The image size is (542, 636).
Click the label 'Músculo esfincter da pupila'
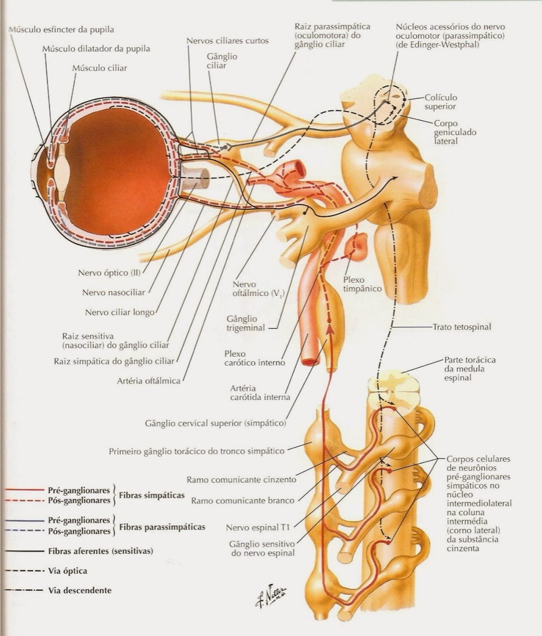click(61, 29)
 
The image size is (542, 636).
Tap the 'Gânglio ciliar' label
click(222, 61)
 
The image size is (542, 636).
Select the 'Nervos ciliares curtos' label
click(227, 41)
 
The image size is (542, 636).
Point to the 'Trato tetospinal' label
click(462, 327)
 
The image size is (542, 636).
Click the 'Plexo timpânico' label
click(362, 284)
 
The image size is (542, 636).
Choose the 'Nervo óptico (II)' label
click(109, 273)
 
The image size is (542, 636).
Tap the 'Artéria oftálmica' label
click(149, 381)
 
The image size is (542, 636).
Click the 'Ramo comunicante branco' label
click(242, 501)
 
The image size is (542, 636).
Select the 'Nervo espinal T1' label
click(258, 528)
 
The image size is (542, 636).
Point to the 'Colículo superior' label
click(441, 102)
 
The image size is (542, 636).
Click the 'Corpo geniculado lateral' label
click(449, 132)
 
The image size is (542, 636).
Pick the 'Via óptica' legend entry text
click(68, 571)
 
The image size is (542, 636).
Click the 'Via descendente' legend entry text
click(80, 590)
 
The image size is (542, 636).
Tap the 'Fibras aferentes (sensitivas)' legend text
click(101, 551)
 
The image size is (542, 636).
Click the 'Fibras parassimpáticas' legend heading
click(163, 527)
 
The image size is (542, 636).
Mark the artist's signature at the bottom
click(270, 596)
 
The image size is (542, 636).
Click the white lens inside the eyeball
click(62, 171)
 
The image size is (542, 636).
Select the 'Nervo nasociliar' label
click(113, 293)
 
